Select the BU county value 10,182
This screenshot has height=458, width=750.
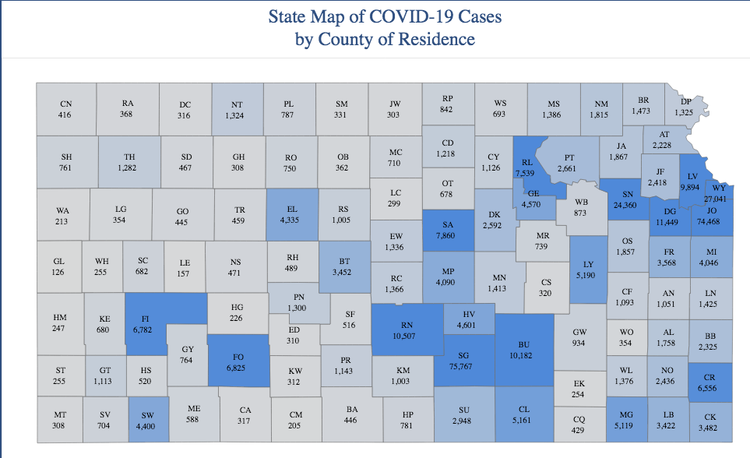pos(523,355)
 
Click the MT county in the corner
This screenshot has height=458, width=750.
pos(59,416)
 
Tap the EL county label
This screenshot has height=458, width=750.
pos(292,209)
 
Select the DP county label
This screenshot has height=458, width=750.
pos(685,102)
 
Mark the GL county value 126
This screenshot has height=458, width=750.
pos(58,272)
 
